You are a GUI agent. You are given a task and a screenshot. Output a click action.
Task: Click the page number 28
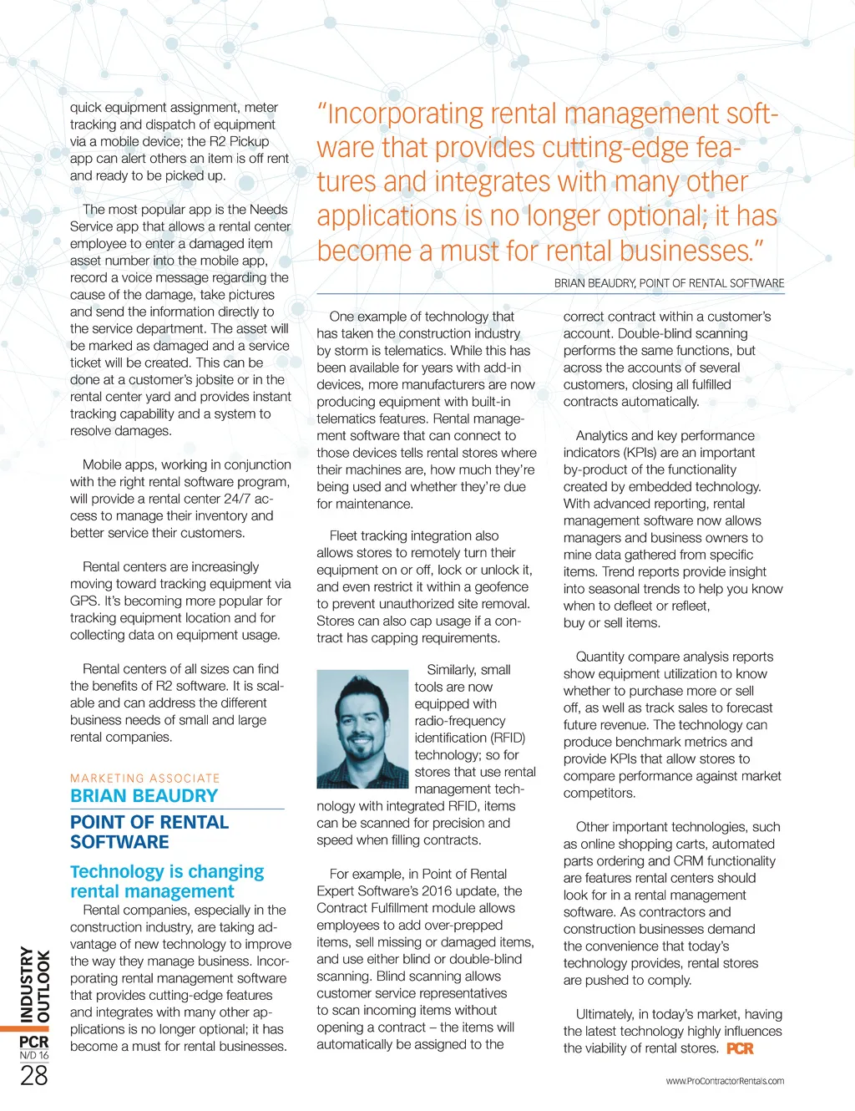coord(34,1076)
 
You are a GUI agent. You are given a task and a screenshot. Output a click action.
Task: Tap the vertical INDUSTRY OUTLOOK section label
coord(34,984)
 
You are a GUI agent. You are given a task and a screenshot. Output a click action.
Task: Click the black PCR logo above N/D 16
coord(34,1042)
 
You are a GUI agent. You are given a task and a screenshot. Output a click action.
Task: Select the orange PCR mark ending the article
coord(740,1048)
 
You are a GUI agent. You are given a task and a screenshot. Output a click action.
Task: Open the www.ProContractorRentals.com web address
coord(725,1081)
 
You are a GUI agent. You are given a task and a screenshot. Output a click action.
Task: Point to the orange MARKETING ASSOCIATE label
coord(145,778)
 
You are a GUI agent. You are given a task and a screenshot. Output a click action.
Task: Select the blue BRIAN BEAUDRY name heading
coord(144,796)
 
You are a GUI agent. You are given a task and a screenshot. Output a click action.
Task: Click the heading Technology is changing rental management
coord(167,881)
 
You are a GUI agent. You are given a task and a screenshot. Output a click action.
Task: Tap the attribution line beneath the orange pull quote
coord(669,283)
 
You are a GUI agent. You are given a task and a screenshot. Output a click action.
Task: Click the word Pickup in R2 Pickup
coord(249,141)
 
